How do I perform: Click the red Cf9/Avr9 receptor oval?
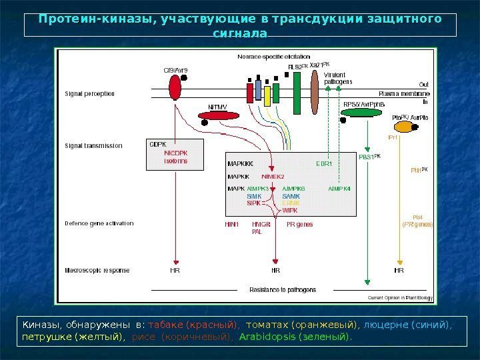pos(175,87)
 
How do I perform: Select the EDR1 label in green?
pos(323,163)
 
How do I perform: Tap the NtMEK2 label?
pos(273,177)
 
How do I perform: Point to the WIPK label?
pos(290,211)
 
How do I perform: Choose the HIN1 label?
pos(231,225)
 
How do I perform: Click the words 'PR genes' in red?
pos(299,225)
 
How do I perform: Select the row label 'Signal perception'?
pos(90,94)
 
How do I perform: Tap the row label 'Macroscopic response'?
pos(97,271)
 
